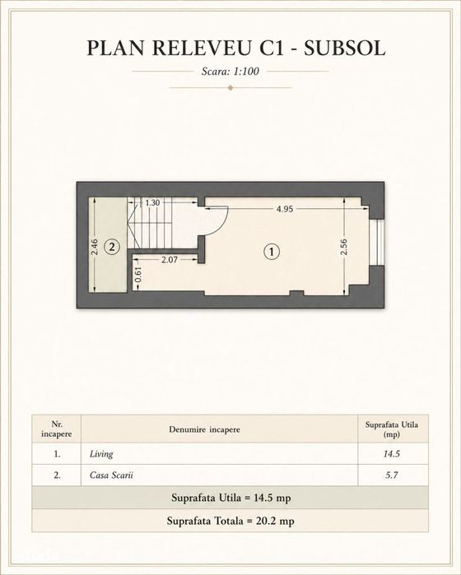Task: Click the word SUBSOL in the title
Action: click(x=344, y=48)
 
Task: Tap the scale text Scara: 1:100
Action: click(x=230, y=71)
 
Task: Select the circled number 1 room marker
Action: click(x=272, y=252)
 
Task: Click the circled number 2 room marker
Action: click(x=112, y=247)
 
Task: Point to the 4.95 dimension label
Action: click(x=285, y=209)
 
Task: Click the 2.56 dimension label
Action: click(x=344, y=247)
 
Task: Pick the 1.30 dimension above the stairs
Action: click(x=152, y=202)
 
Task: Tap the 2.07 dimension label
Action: click(x=170, y=260)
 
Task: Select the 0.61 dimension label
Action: click(x=138, y=275)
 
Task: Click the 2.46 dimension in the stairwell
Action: click(x=95, y=247)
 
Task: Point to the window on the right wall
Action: click(x=378, y=242)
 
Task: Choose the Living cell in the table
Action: click(x=101, y=454)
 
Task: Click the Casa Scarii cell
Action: click(x=111, y=475)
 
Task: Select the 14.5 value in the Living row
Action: click(x=392, y=454)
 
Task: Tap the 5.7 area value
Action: click(x=392, y=475)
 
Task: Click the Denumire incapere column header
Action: click(x=204, y=429)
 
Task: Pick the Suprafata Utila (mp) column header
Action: click(x=392, y=429)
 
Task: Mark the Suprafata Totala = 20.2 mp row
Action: click(x=230, y=521)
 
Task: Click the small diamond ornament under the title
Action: click(x=230, y=88)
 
